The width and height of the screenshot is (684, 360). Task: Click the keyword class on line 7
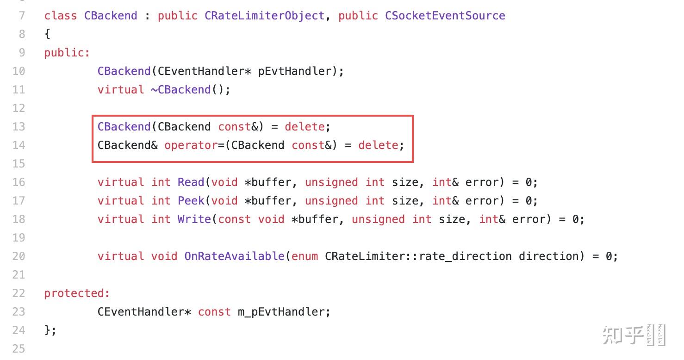(x=61, y=16)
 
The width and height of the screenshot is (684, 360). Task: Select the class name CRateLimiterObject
(x=265, y=16)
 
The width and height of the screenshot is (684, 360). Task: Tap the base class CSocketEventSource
(x=445, y=16)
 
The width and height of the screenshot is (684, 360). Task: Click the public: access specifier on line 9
(x=67, y=53)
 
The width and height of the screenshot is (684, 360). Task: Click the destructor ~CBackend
(x=181, y=90)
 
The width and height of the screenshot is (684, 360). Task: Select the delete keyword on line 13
(x=305, y=127)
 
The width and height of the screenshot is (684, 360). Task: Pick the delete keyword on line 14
(x=378, y=145)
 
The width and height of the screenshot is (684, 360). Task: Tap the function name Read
(x=191, y=182)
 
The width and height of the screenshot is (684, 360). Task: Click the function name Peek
(x=191, y=201)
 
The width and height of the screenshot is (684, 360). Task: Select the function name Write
(x=194, y=219)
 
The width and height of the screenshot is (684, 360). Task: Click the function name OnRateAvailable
(x=234, y=256)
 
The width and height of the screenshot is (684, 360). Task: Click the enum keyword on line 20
(x=305, y=256)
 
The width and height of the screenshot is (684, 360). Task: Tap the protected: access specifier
(x=77, y=293)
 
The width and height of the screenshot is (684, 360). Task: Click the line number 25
(x=19, y=349)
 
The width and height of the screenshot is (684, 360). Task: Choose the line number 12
(x=19, y=108)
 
